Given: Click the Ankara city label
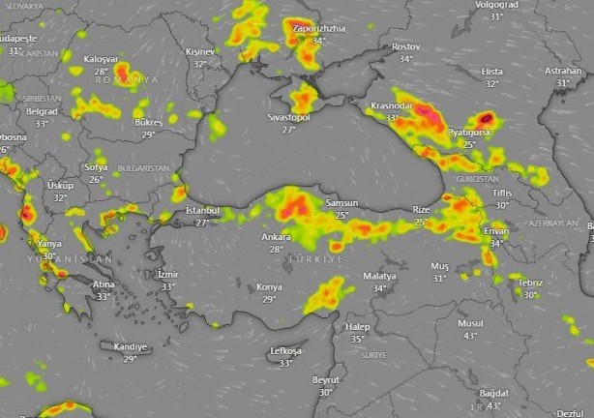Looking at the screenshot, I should tap(276, 236).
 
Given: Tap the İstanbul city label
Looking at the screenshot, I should tap(202, 210).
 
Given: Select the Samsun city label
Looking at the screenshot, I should tap(342, 203).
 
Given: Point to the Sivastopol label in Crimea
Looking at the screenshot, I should tap(288, 117).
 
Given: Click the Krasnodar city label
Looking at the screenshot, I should tap(392, 105).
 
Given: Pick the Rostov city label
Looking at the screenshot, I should tap(405, 46).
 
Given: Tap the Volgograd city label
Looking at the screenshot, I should tap(496, 5).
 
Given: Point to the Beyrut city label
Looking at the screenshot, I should tap(325, 380).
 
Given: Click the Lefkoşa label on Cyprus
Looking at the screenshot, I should tap(284, 350).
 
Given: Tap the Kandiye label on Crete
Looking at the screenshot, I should tap(131, 346).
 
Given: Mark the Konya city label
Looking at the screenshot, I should tap(269, 287).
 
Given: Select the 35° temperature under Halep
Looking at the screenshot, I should tap(357, 339).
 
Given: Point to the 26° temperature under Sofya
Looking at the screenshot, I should tap(96, 179).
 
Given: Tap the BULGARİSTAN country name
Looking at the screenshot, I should tap(142, 167).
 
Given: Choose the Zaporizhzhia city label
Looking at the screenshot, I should tap(316, 29).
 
